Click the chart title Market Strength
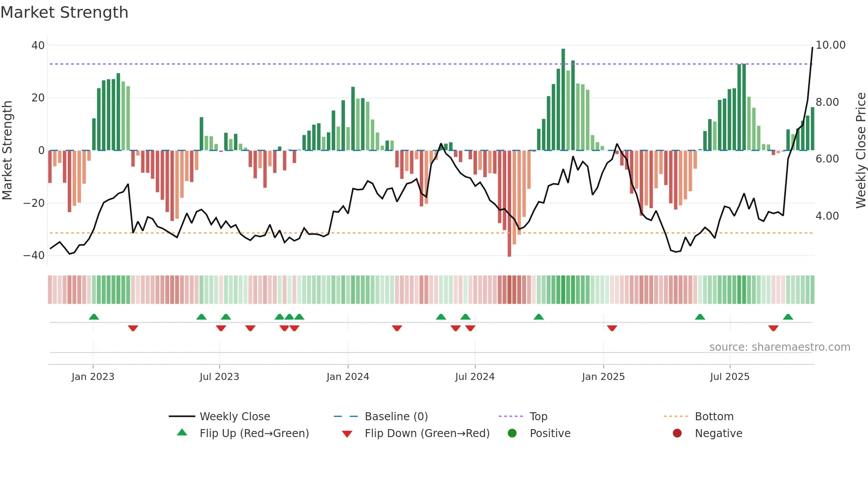64,12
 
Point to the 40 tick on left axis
38,45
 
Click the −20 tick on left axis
34,203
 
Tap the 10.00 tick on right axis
830,45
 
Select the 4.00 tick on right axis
827,216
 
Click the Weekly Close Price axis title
860,150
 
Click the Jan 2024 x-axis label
348,376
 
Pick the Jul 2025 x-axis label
729,376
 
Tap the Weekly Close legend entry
234,416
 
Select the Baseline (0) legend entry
396,416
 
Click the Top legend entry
538,416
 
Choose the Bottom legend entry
714,416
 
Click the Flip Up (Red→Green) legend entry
254,433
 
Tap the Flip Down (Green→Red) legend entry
427,433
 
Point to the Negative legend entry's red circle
677,433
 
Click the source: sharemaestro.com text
779,347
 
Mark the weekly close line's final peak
812,47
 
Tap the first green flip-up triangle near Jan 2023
94,317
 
